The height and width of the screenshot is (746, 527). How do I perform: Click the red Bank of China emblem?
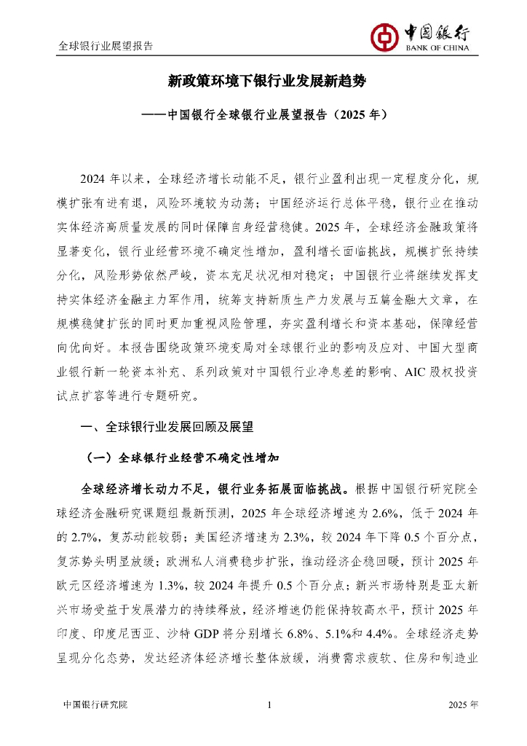pos(383,35)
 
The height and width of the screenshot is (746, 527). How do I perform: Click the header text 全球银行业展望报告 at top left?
pos(106,45)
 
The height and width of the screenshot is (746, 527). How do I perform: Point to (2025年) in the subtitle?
pos(357,114)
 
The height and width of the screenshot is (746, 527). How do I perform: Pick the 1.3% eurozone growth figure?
pos(220,583)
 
